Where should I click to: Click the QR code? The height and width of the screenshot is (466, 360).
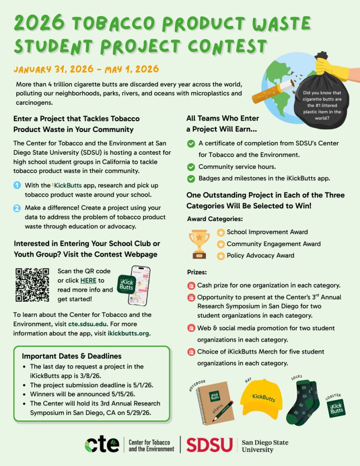click(x=32, y=285)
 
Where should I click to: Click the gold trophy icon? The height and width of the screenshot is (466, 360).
click(x=199, y=243)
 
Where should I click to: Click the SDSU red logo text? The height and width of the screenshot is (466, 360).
click(x=209, y=445)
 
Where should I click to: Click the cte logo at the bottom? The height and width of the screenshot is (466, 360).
click(x=102, y=445)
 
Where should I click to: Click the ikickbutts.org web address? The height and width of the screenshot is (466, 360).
click(x=129, y=333)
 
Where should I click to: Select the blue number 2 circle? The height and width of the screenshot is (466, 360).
click(x=17, y=208)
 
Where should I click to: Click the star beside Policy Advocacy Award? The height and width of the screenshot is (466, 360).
click(x=221, y=256)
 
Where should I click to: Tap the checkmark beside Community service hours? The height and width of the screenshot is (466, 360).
click(x=191, y=167)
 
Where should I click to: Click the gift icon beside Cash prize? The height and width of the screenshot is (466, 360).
click(x=191, y=286)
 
